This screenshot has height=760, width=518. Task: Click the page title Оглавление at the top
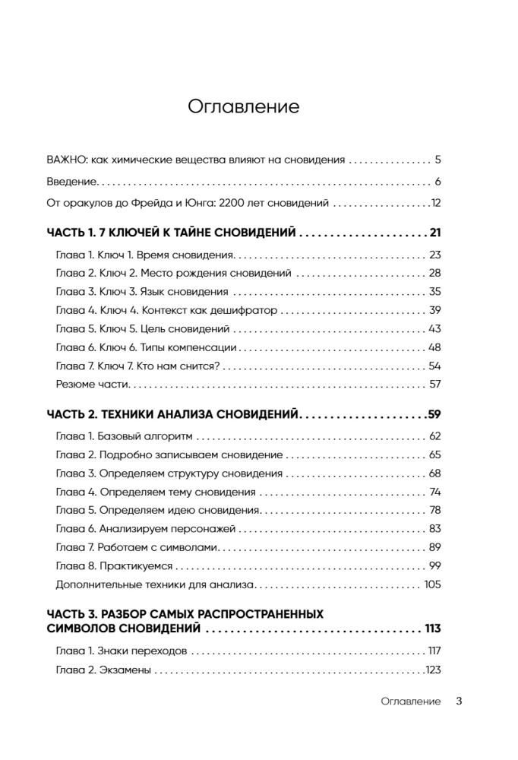243,106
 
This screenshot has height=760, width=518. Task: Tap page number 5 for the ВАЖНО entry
438,160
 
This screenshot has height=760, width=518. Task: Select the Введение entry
72,182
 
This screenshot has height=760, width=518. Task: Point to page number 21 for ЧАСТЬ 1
434,233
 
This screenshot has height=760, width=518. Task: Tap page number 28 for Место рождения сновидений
434,273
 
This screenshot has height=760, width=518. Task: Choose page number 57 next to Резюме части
434,384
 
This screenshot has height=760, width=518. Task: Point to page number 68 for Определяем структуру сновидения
434,473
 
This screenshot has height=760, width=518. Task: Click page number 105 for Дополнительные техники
432,584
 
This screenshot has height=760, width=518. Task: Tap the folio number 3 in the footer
459,701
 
